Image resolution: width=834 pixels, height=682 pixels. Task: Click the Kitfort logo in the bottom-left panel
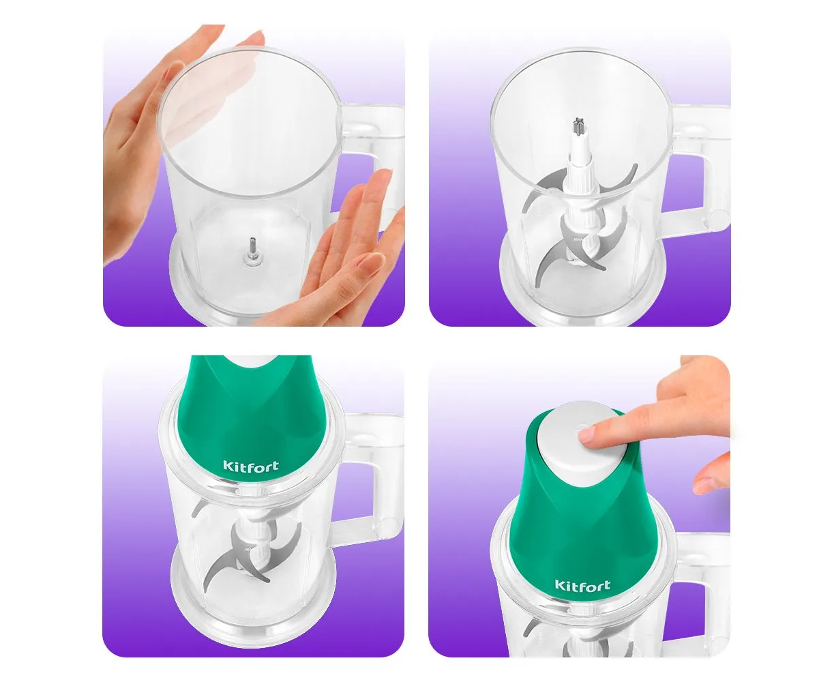click(x=251, y=466)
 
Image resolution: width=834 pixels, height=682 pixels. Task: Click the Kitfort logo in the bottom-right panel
click(x=582, y=584)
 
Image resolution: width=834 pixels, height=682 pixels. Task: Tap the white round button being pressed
click(x=581, y=439)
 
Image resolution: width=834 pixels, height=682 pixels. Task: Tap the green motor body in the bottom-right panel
click(x=581, y=530)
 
